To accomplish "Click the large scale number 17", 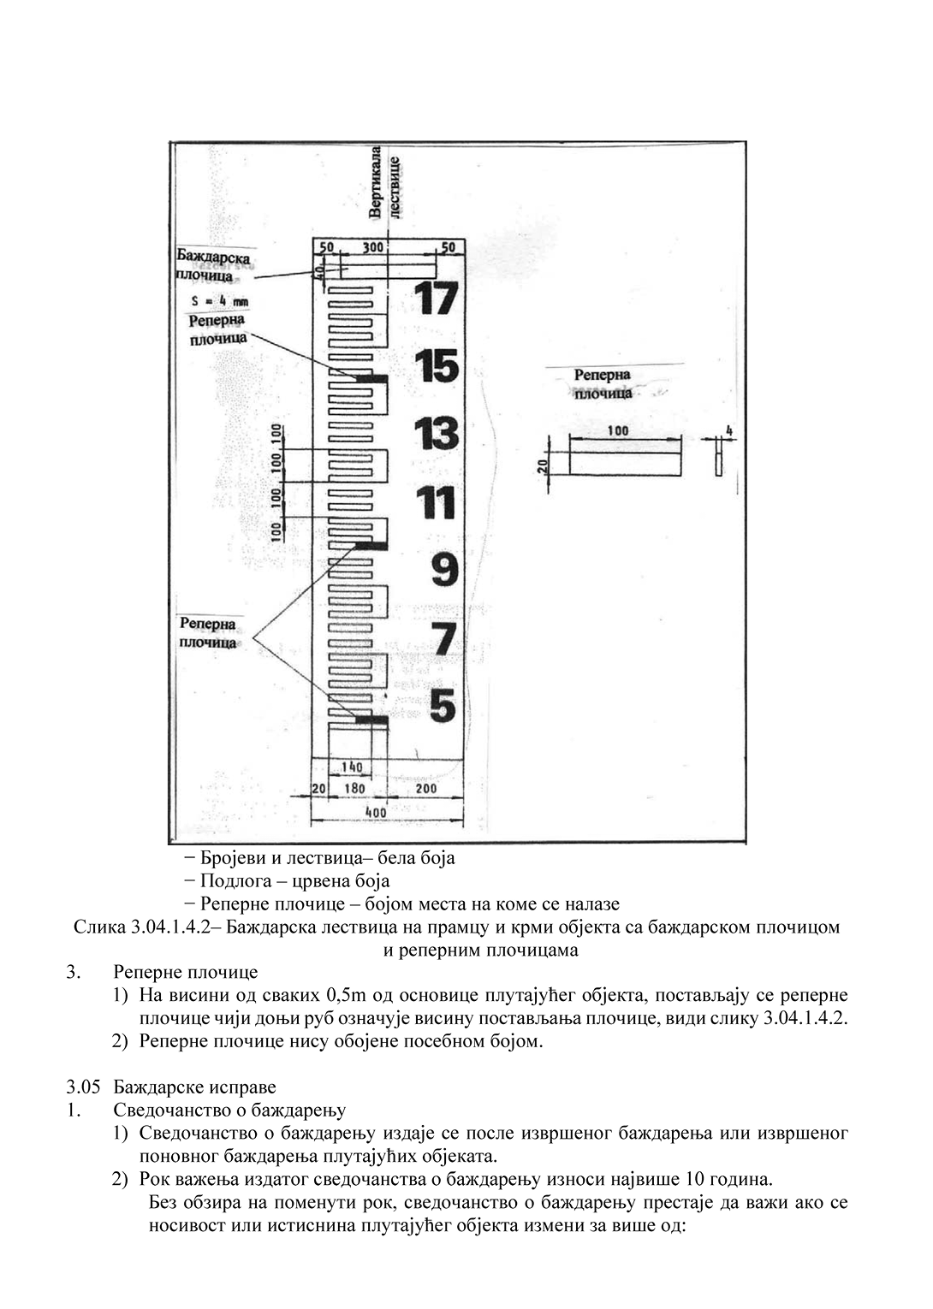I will click(x=436, y=298).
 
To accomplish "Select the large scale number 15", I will click(x=437, y=367).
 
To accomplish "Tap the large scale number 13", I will click(x=437, y=435).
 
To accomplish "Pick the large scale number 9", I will click(x=443, y=570).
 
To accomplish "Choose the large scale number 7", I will click(x=443, y=638).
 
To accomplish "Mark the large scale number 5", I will click(x=443, y=706).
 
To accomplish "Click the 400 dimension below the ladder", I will click(x=376, y=810).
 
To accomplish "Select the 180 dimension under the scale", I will click(x=354, y=788).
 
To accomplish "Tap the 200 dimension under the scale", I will click(x=425, y=788).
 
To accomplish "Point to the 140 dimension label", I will click(x=352, y=767).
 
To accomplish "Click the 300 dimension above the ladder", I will click(x=372, y=247).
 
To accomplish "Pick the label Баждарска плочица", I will click(x=212, y=265).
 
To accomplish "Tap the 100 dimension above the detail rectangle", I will click(x=618, y=430).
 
